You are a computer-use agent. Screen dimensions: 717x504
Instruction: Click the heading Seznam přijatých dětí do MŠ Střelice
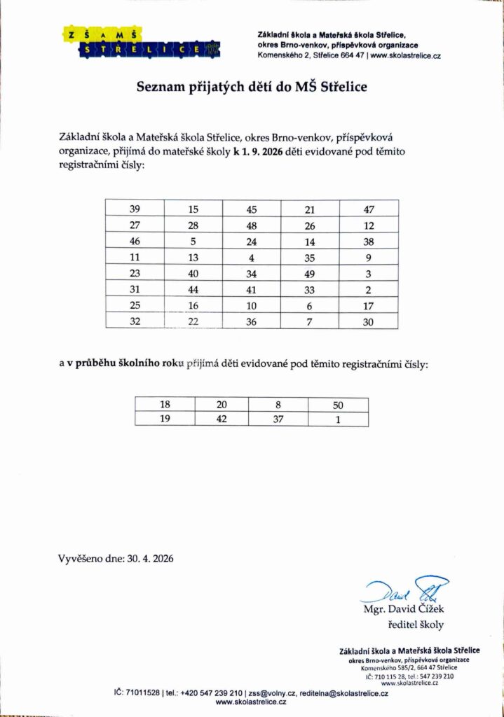252,88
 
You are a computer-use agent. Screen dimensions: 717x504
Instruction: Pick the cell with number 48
252,225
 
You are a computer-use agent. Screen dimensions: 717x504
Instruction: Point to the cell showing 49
310,274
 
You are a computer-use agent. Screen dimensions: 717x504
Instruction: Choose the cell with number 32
135,321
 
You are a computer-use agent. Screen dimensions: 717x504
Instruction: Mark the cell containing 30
369,321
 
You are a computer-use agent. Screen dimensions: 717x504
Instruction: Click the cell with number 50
339,405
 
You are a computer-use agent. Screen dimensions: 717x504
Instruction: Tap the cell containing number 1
339,419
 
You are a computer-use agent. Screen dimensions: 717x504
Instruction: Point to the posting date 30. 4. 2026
150,559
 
